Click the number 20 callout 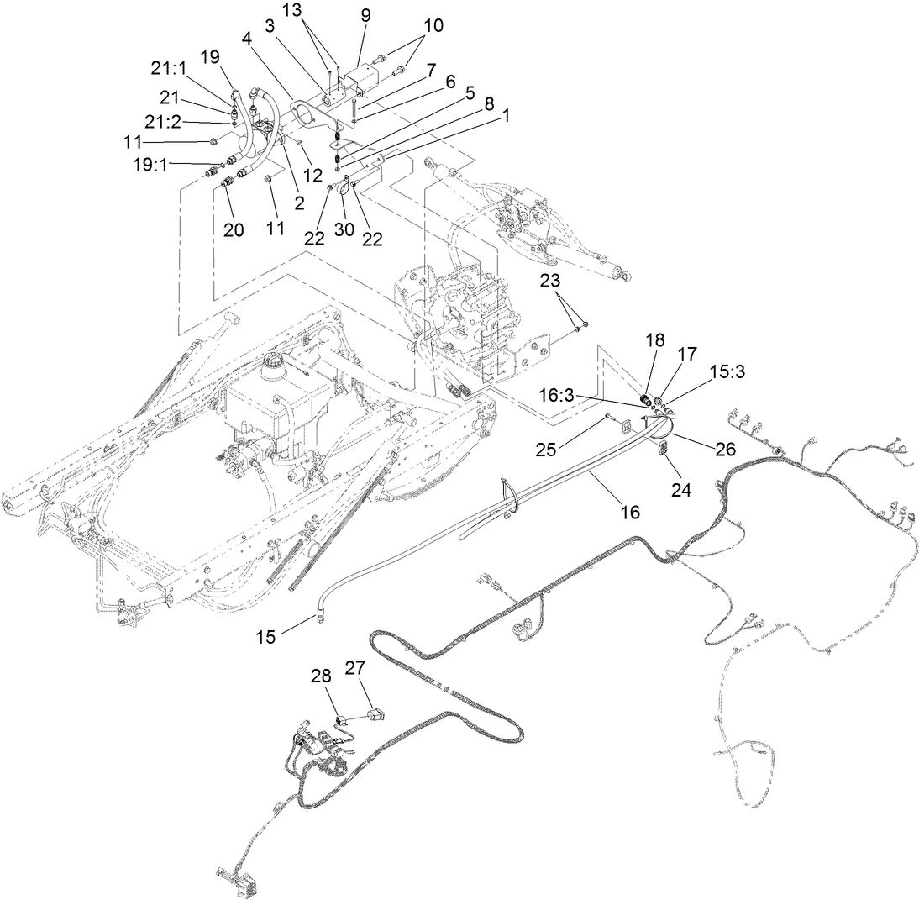(234, 230)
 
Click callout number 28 (323, 676)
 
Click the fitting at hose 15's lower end (321, 619)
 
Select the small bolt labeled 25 (609, 417)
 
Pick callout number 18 (654, 339)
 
